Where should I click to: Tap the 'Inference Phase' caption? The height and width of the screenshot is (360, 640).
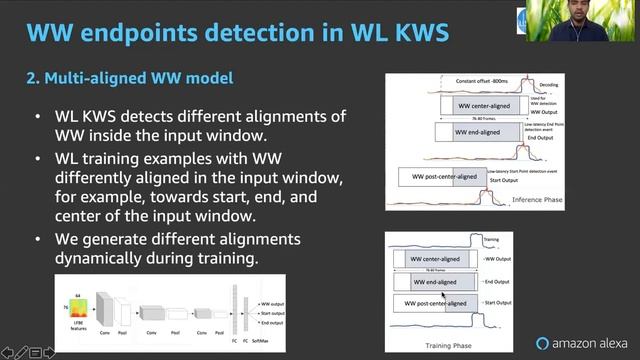[540, 200]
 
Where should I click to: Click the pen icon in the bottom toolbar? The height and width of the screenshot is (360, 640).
[19, 352]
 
